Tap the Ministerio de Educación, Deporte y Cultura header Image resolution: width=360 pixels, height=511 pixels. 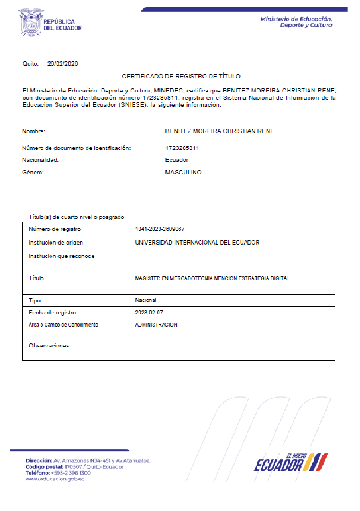(x=296, y=22)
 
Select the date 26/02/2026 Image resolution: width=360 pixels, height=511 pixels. (x=62, y=64)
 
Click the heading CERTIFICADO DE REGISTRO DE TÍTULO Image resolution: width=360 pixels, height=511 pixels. (x=181, y=77)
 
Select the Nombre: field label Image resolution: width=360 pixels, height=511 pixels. (x=34, y=131)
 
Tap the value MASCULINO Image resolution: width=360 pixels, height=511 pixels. (x=183, y=173)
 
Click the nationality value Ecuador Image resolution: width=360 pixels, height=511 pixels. (x=177, y=160)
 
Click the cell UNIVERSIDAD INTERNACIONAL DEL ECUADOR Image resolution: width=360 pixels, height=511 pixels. (x=197, y=243)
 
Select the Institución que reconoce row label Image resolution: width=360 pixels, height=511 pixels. (x=62, y=256)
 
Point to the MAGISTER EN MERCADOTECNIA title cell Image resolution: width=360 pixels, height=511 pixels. (x=212, y=278)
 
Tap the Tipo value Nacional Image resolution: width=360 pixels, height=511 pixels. (x=146, y=300)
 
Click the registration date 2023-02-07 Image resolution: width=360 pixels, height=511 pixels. (x=149, y=312)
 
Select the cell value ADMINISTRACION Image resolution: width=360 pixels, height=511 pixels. (x=156, y=325)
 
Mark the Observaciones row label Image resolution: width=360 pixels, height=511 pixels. (x=49, y=346)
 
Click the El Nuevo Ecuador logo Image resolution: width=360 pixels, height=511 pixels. (x=290, y=462)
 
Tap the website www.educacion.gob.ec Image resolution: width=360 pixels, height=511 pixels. (x=55, y=479)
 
